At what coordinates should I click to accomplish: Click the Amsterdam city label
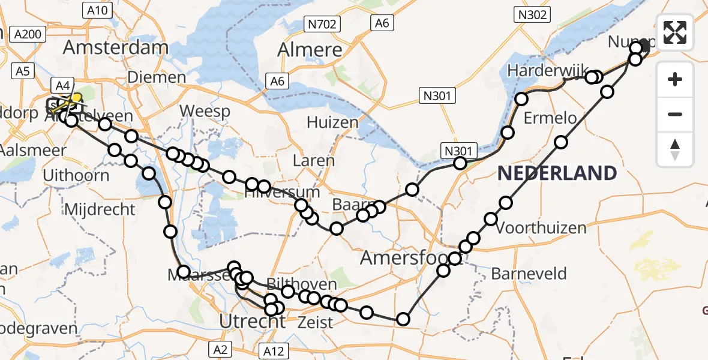[x=116, y=47]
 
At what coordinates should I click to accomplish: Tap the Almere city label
[x=310, y=50]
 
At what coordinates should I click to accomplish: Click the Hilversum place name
[x=283, y=193]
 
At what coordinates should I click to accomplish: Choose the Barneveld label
[x=529, y=274]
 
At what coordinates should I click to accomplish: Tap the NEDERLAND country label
[x=557, y=173]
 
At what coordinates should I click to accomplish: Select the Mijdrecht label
[x=100, y=210]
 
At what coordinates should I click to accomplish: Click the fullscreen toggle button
[x=675, y=32]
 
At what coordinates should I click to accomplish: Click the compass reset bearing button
[x=675, y=149]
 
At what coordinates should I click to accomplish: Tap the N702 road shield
[x=322, y=24]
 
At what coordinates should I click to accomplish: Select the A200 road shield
[x=28, y=34]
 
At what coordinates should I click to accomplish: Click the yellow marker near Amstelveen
[x=76, y=97]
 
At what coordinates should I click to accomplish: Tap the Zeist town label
[x=316, y=322]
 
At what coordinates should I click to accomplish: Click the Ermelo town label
[x=550, y=118]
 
